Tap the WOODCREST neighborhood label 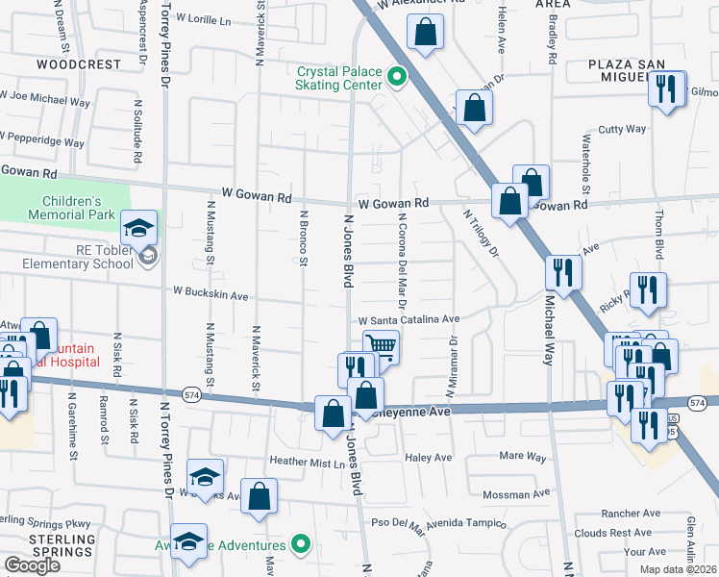pos(79,64)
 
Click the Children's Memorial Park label pos(72,209)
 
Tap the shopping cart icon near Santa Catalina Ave pos(382,345)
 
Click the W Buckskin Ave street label pos(211,289)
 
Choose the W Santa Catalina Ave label pos(409,320)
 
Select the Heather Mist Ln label pos(307,463)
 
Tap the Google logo pos(32,565)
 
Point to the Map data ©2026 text pos(678,569)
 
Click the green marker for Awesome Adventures pos(301,544)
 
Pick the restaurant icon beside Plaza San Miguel pos(667,88)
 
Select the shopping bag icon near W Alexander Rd pos(425,32)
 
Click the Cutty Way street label pos(622,129)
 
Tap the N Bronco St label pos(303,238)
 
